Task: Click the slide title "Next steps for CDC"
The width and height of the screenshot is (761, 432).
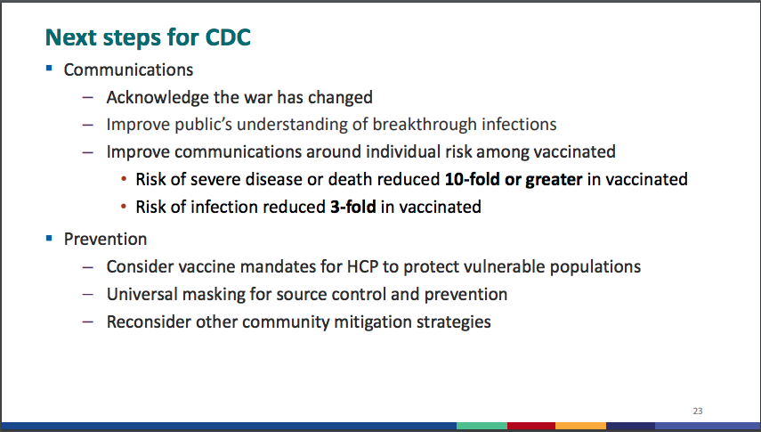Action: [x=148, y=37]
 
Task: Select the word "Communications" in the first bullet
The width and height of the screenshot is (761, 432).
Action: [x=128, y=70]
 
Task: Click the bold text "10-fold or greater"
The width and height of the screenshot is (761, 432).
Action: [x=514, y=180]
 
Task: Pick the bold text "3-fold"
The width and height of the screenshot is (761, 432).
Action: [x=352, y=207]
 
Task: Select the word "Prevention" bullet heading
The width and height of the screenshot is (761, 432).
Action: [x=105, y=239]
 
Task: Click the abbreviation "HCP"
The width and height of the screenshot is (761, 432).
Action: [x=362, y=267]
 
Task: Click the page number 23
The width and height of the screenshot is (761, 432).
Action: [x=698, y=412]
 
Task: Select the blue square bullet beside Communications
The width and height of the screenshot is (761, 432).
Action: [x=49, y=69]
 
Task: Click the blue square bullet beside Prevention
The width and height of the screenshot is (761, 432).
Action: [x=49, y=238]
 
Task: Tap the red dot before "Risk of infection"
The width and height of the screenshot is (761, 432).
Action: [x=124, y=207]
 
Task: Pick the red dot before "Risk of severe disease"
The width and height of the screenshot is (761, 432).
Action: [x=124, y=179]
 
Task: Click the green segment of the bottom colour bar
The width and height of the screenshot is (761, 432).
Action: [x=482, y=426]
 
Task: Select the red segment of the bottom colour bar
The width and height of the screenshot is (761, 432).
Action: [x=531, y=426]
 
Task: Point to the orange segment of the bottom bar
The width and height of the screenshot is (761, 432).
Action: [x=580, y=426]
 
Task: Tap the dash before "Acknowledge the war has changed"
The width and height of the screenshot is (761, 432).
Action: [x=88, y=98]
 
